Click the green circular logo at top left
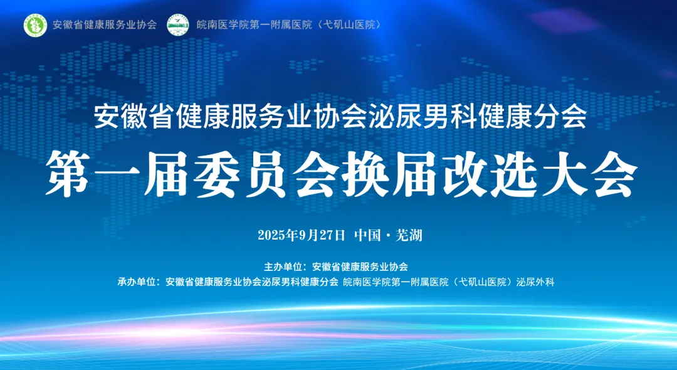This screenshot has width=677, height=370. (x=35, y=24)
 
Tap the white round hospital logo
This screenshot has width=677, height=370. (x=178, y=24)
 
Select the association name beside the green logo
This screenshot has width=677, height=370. (x=105, y=25)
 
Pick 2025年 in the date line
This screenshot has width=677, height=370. (x=276, y=236)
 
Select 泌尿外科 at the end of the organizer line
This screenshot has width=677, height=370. (x=535, y=282)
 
